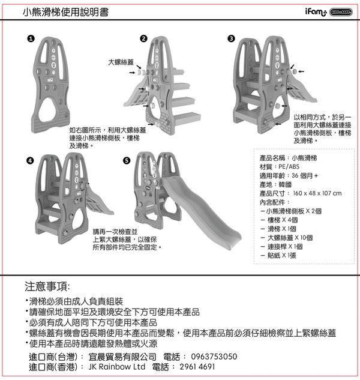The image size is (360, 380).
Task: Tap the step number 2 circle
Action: click(143, 39)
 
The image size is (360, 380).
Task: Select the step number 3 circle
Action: click(231, 39)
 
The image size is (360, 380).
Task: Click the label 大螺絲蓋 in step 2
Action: click(121, 61)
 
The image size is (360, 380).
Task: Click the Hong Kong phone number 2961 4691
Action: click(197, 366)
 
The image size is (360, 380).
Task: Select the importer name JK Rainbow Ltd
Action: click(117, 366)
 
